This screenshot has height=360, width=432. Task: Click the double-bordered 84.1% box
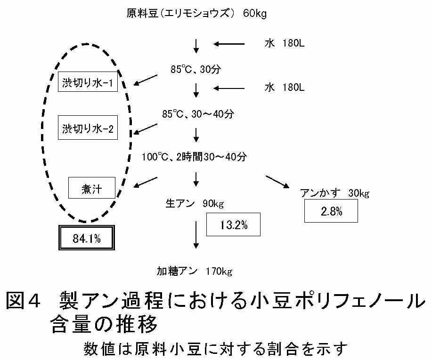87,239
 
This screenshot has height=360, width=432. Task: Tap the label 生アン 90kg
194,204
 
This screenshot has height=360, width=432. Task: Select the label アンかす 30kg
334,193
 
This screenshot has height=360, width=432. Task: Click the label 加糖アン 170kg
194,271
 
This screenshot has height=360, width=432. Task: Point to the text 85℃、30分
196,69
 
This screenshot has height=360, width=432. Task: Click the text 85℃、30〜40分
198,114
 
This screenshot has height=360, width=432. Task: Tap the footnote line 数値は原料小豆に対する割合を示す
216,349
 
